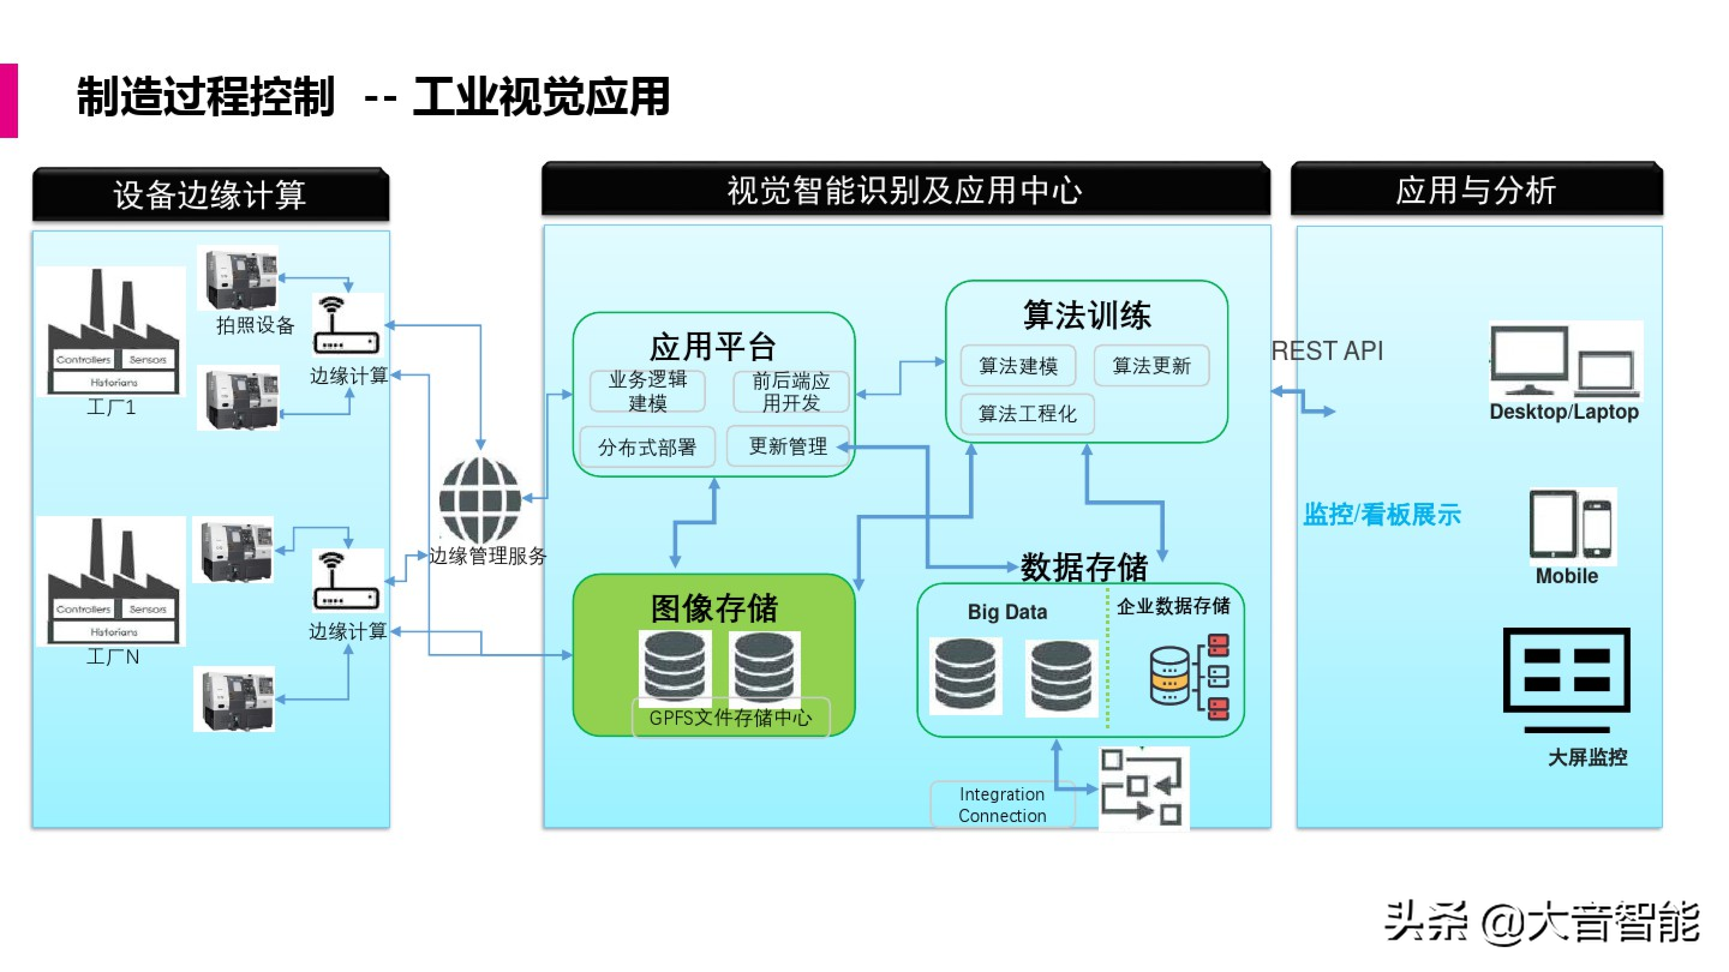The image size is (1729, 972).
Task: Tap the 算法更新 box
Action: pyautogui.click(x=1151, y=366)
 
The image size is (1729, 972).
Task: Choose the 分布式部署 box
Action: pyautogui.click(x=647, y=447)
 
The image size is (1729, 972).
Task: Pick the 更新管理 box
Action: pyautogui.click(x=788, y=446)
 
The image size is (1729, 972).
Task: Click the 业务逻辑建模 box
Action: pyautogui.click(x=647, y=391)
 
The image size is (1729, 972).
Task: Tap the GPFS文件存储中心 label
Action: pyautogui.click(x=730, y=718)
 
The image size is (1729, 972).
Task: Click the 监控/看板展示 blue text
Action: pyautogui.click(x=1381, y=514)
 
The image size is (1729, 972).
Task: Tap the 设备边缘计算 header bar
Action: pyautogui.click(x=211, y=194)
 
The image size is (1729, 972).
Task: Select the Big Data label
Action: pyautogui.click(x=1007, y=612)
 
